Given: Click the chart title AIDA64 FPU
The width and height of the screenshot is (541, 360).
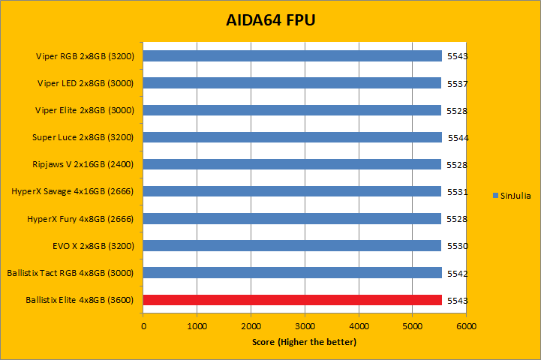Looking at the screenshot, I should pyautogui.click(x=270, y=20).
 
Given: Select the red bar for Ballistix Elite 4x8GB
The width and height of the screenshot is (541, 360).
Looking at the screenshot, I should pyautogui.click(x=293, y=300).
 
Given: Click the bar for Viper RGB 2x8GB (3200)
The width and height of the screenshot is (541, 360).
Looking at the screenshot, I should pyautogui.click(x=293, y=56).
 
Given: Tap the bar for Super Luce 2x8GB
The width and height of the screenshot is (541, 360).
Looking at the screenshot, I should pyautogui.click(x=293, y=137).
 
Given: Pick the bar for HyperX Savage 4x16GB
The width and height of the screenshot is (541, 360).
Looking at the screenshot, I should pyautogui.click(x=293, y=192).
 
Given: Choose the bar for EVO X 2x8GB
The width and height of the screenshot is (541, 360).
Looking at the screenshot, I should pyautogui.click(x=293, y=246).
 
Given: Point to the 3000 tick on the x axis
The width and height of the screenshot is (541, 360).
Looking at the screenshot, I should pyautogui.click(x=305, y=327).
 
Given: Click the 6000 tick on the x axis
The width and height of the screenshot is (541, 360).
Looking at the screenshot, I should pyautogui.click(x=466, y=327).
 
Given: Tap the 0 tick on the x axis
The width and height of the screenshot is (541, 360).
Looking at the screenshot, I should pyautogui.click(x=143, y=327).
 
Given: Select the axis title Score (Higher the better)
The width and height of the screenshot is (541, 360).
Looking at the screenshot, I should pyautogui.click(x=304, y=343).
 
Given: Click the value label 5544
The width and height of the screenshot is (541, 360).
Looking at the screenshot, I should pyautogui.click(x=458, y=138).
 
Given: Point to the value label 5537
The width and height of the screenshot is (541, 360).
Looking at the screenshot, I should pyautogui.click(x=457, y=83).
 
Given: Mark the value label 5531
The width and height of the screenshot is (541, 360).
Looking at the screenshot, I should pyautogui.click(x=457, y=192).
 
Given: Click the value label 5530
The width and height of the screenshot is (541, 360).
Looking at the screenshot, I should pyautogui.click(x=457, y=246).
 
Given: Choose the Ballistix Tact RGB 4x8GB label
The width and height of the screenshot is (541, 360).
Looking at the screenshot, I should pyautogui.click(x=70, y=273).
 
